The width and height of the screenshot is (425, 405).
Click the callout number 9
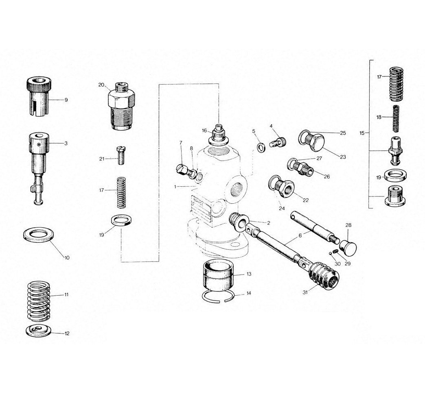tap(66, 100)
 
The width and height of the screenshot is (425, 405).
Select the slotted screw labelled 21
tap(121, 155)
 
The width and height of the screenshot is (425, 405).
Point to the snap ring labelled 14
tap(218, 297)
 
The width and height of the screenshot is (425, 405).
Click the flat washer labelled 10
tap(38, 235)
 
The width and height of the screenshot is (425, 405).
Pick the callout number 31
tap(305, 292)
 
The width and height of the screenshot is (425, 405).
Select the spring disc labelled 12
tap(39, 331)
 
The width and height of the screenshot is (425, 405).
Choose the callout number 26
tap(327, 176)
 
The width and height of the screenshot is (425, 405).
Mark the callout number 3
tap(66, 144)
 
